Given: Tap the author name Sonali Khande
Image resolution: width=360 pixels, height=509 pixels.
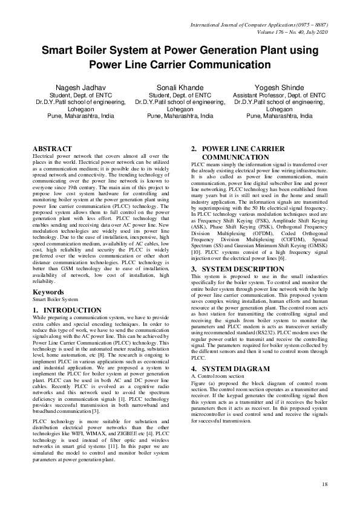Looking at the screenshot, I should point(180,88).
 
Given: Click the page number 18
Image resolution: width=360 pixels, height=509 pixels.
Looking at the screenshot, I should point(324,484).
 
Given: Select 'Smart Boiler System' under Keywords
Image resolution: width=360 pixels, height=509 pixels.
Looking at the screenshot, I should point(55,300).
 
